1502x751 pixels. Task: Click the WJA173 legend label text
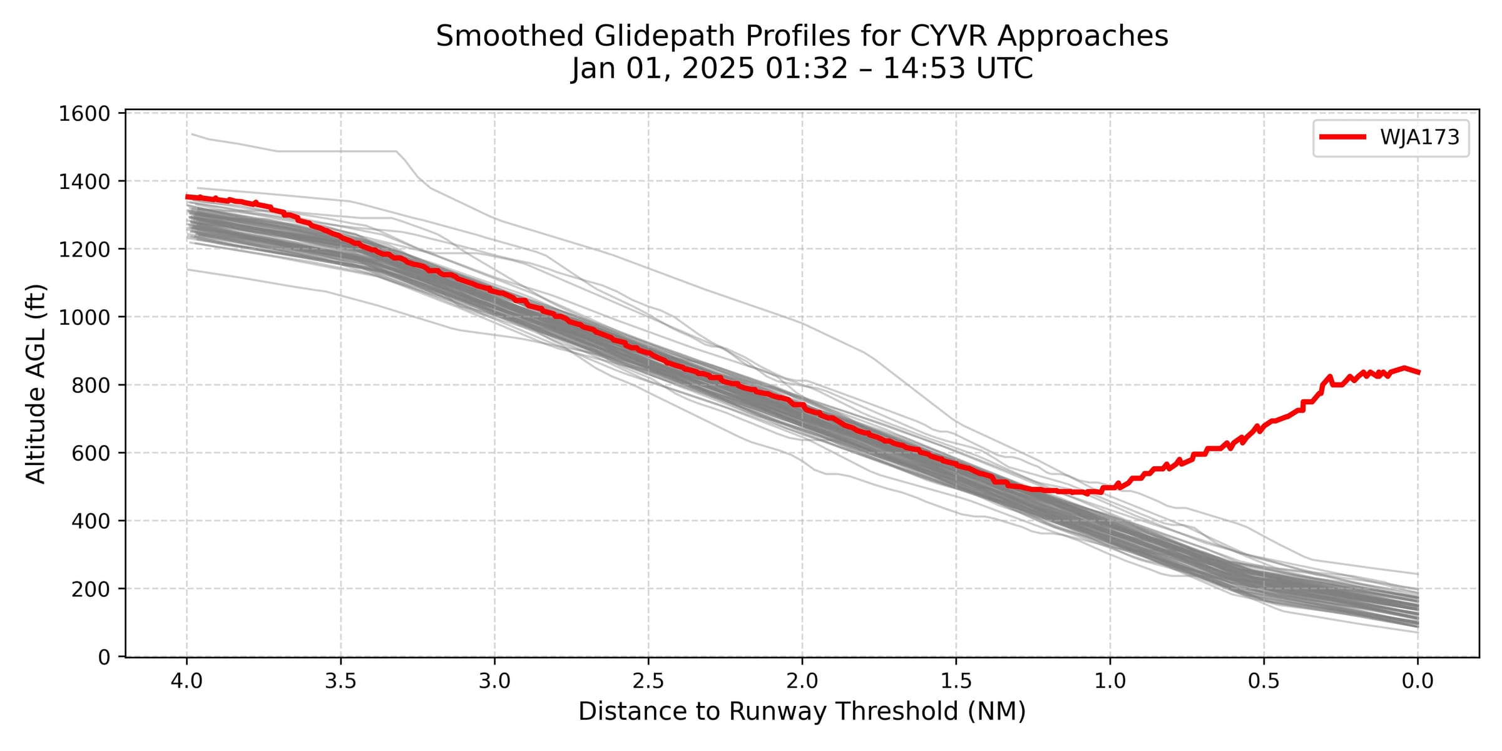coord(1419,137)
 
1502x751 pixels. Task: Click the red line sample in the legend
coord(1342,137)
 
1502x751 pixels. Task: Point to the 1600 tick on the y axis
coord(84,113)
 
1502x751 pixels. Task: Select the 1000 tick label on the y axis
coord(84,317)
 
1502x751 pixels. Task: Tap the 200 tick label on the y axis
coord(90,589)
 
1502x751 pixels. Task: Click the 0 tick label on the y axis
coord(103,657)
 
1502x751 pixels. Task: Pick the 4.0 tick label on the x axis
coord(186,681)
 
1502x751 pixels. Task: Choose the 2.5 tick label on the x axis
coord(648,681)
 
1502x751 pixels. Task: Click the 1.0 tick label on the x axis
coord(1110,681)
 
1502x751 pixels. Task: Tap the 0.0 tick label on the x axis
coord(1418,681)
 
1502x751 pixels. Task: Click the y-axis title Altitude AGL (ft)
coord(36,384)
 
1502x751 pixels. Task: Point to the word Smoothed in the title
coord(509,36)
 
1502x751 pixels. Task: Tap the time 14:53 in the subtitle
coord(919,68)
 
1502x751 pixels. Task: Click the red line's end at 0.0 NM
coord(1418,372)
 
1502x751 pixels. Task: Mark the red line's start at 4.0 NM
coord(187,197)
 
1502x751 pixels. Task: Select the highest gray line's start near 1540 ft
coord(192,134)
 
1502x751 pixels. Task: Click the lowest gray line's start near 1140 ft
coord(188,270)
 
